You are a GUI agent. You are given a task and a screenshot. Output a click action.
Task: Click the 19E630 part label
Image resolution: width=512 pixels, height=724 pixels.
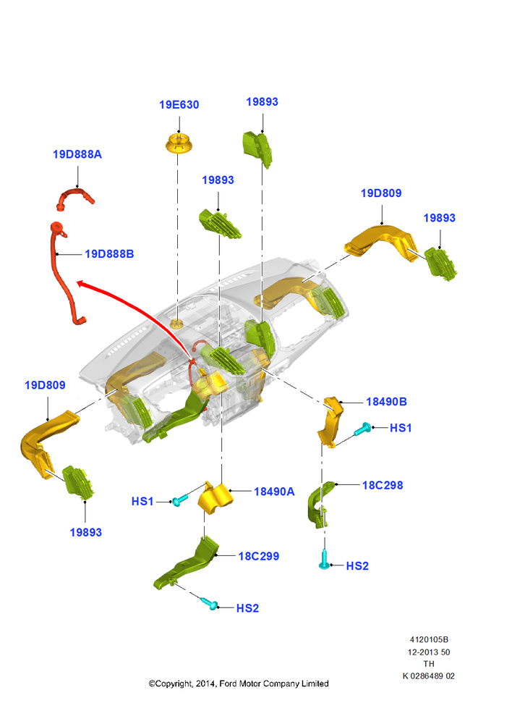coord(179,105)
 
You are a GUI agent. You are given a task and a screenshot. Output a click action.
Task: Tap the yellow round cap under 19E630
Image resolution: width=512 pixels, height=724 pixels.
coord(179,143)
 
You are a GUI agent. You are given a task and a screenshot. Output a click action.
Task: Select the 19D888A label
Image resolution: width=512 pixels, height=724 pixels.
coord(77,154)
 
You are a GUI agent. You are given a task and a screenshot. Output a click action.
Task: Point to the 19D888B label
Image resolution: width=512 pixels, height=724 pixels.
coord(109,254)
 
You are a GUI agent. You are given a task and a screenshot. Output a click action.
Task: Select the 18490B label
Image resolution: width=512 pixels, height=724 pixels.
coord(387,402)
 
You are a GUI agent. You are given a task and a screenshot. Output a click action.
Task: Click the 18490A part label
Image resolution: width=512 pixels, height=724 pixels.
coord(274,492)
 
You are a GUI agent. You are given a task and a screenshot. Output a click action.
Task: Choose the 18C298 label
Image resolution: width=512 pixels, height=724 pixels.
coord(383,485)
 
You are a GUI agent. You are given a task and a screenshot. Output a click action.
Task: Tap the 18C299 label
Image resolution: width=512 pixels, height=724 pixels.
coord(259,556)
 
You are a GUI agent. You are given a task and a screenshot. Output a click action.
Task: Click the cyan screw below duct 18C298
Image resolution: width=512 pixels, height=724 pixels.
coord(325,562)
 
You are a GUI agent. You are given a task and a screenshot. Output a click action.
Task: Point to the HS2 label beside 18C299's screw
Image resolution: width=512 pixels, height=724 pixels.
coord(248,609)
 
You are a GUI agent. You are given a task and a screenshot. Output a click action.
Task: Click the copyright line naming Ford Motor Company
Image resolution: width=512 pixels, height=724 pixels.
coord(239,684)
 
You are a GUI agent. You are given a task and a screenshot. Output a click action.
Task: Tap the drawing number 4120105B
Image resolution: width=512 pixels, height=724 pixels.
coord(429,639)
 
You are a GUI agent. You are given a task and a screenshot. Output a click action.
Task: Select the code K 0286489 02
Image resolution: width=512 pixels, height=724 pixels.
coord(429,676)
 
